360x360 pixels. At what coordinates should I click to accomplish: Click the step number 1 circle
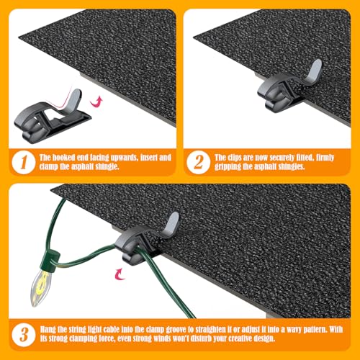(24, 162)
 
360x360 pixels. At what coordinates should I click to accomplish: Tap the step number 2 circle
(199, 162)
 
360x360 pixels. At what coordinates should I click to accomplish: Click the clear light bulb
(41, 290)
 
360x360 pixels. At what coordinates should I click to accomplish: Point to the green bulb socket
(50, 263)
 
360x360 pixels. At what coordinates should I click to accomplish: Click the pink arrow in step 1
(96, 102)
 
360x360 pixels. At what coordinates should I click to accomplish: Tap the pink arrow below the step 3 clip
(120, 274)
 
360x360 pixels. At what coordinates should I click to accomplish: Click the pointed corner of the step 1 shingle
(19, 37)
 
